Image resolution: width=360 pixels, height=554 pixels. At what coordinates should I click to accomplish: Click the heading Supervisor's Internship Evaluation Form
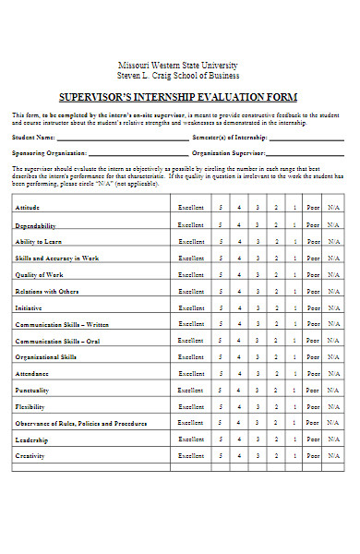(x=179, y=96)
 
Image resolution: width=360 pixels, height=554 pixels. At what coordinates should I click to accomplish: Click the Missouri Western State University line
(x=179, y=65)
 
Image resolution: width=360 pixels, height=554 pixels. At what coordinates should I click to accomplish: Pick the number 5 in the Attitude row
(x=220, y=209)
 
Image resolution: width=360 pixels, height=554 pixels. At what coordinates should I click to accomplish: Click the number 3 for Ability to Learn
(x=258, y=241)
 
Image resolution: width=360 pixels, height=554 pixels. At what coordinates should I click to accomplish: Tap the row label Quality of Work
(x=40, y=274)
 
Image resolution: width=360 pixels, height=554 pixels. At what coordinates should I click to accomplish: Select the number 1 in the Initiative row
(x=295, y=307)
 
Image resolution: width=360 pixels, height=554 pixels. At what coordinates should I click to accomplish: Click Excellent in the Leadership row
(x=192, y=440)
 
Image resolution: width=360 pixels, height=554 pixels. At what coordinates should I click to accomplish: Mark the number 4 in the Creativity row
(x=239, y=455)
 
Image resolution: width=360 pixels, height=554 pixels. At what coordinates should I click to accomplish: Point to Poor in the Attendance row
(x=314, y=373)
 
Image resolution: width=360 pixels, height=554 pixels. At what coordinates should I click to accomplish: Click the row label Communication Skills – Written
(x=62, y=324)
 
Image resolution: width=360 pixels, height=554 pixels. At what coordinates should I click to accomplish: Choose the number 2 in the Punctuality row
(x=277, y=390)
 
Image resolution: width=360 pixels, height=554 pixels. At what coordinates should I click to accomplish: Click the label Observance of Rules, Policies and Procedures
(x=80, y=423)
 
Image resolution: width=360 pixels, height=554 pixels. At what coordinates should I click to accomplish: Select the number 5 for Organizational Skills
(x=220, y=356)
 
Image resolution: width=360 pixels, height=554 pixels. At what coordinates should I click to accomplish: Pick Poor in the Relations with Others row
(x=314, y=291)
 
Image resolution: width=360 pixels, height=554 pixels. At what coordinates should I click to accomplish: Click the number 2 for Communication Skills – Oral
(x=277, y=341)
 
